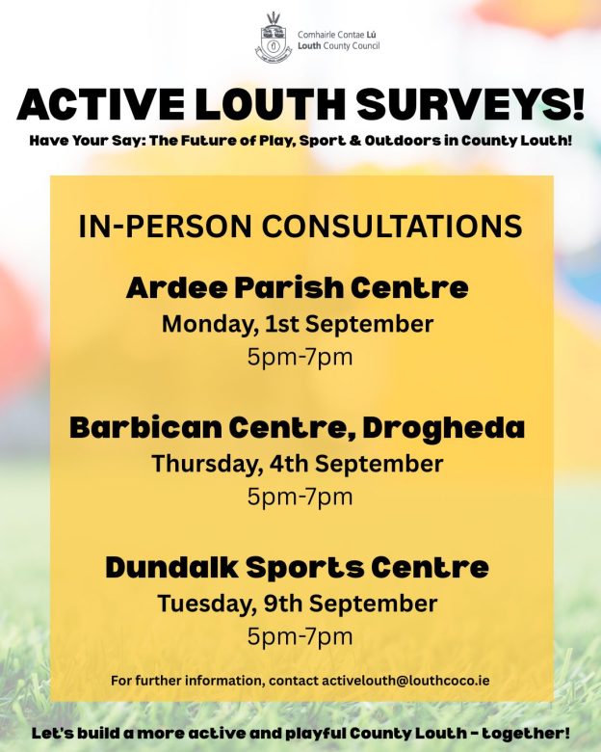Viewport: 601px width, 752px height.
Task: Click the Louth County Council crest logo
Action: [273, 37]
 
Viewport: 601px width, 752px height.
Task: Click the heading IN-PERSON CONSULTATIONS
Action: [300, 226]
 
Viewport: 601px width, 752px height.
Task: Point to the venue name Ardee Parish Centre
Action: [298, 287]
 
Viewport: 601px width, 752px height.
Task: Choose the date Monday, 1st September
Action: [298, 325]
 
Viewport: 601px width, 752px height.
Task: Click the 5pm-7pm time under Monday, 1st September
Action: [300, 358]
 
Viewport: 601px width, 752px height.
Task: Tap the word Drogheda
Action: [444, 428]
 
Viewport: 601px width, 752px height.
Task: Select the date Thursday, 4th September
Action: [298, 465]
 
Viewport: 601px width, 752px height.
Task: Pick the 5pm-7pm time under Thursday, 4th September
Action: [300, 497]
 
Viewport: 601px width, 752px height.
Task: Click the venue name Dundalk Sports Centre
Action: [298, 567]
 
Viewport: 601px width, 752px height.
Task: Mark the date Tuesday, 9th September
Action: [298, 604]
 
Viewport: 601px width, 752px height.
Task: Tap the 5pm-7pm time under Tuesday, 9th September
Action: [300, 637]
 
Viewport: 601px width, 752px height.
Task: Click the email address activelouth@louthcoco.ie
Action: [405, 681]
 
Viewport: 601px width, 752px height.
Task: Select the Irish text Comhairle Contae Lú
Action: [336, 35]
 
